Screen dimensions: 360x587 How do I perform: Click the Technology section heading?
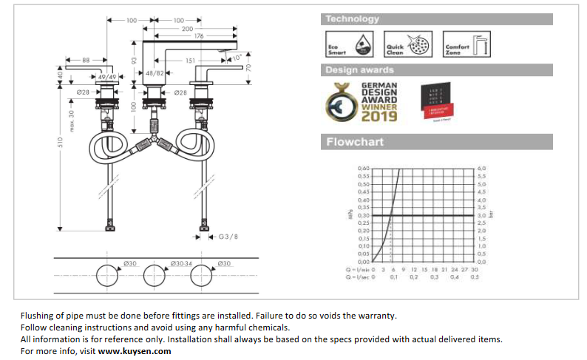coord(353,19)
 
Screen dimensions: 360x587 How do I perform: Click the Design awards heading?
coord(360,70)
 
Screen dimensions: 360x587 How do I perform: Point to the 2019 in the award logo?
coord(380,116)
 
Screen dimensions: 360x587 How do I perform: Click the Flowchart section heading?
coord(356,142)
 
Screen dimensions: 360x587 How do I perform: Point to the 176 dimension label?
coord(198,35)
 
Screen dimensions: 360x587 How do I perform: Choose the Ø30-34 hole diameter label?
coord(181,262)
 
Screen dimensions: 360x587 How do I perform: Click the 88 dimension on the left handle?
coord(86,60)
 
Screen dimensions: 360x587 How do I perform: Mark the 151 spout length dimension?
coord(191,61)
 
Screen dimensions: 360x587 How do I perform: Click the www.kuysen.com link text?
coord(135,351)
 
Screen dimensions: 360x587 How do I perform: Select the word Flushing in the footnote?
coord(39,315)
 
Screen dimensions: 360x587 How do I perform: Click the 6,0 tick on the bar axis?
coord(482,169)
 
